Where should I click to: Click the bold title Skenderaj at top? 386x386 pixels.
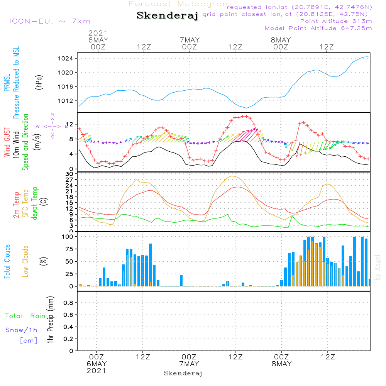[167, 16]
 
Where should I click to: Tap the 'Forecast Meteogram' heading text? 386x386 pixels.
[180, 4]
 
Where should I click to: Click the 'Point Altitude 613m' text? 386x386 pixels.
[336, 21]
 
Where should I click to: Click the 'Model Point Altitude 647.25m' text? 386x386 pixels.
[318, 28]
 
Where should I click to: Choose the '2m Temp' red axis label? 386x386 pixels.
[17, 204]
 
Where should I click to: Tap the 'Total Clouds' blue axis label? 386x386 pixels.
[7, 261]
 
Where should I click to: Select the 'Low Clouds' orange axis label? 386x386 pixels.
[26, 261]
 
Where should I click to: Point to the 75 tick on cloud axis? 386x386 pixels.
[69, 249]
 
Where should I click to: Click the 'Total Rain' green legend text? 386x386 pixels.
[25, 316]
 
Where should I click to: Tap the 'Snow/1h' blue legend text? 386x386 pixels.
[22, 330]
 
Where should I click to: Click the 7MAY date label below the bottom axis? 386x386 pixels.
[189, 364]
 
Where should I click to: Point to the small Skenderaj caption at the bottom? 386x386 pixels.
[183, 373]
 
